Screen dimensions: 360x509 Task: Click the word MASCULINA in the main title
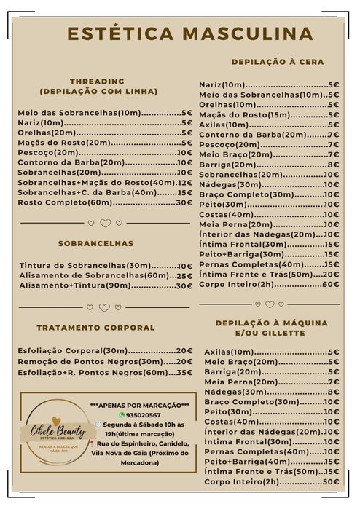click(248, 33)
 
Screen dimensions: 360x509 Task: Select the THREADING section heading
click(98, 81)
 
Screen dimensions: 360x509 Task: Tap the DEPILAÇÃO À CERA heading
click(278, 62)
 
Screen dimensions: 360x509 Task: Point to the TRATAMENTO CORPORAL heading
click(95, 328)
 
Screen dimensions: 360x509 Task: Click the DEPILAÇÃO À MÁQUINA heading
click(271, 323)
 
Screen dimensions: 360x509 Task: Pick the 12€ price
click(185, 183)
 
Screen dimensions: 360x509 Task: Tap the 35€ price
click(185, 372)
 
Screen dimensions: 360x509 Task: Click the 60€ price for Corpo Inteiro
click(331, 284)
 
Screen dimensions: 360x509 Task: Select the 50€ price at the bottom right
click(331, 481)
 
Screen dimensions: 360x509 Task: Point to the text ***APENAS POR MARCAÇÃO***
click(140, 405)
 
